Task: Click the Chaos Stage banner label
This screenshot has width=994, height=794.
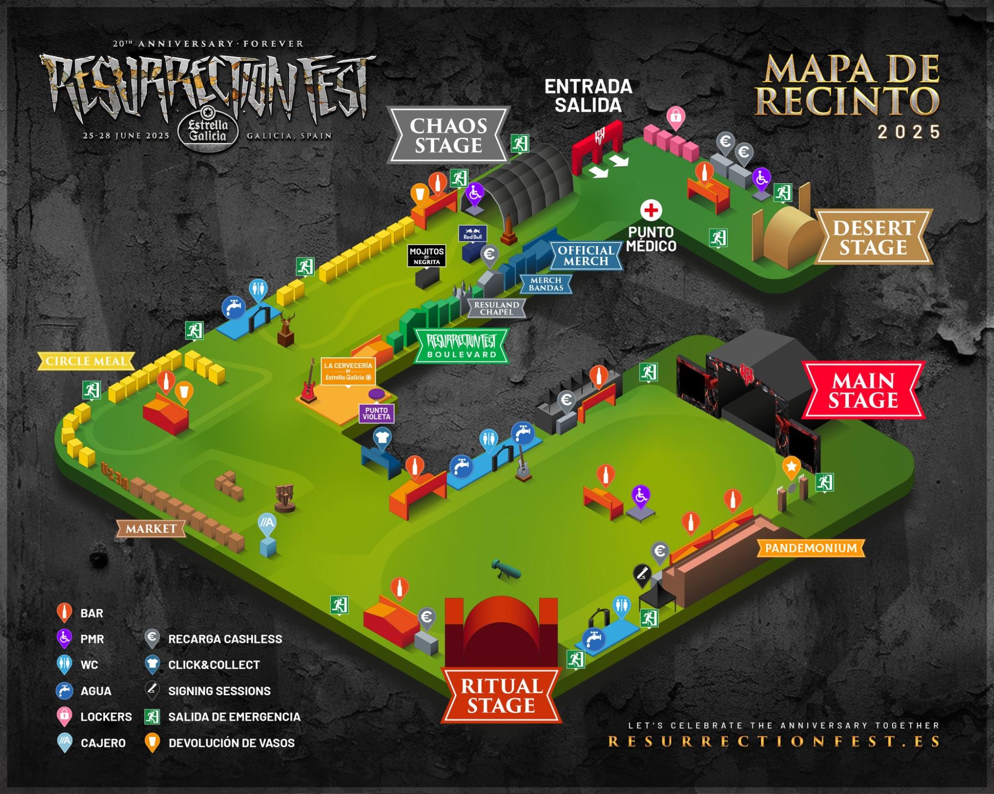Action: point(448,135)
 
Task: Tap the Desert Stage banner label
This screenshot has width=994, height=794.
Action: point(873,237)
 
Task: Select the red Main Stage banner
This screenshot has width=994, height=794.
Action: point(863,390)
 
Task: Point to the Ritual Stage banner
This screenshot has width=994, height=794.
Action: point(501,695)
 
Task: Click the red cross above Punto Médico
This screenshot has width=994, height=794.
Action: point(651,211)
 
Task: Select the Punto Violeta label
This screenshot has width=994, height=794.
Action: point(376,413)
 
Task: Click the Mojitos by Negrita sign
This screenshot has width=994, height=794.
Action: point(426,255)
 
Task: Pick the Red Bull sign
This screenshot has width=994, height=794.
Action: point(473,233)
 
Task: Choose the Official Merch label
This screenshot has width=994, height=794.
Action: point(585,256)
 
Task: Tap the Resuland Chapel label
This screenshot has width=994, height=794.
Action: point(497,308)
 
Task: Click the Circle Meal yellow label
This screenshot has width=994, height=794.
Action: point(86,361)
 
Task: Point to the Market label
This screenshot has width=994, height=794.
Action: point(151,529)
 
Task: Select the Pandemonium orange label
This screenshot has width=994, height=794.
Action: point(810,548)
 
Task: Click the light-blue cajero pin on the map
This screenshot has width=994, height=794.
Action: point(267,523)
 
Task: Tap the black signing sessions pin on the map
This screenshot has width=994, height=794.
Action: point(642,574)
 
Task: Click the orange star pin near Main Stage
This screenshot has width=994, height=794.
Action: point(791,467)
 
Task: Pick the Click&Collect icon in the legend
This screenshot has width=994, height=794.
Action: point(152,665)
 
